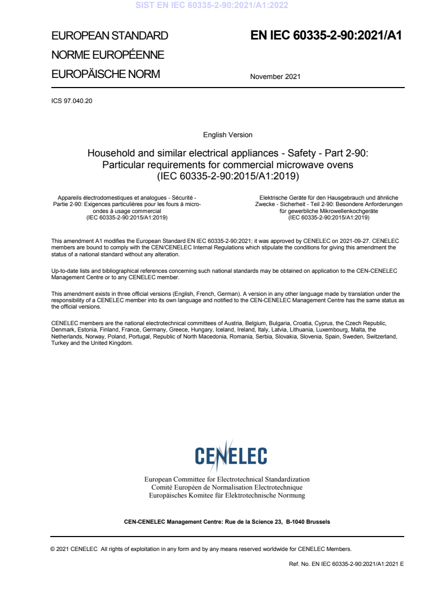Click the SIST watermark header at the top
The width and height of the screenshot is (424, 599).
(x=212, y=6)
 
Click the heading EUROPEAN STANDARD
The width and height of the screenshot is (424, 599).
(x=110, y=36)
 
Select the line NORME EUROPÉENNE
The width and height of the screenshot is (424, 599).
(x=107, y=55)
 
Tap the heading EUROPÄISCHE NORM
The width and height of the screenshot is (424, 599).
(x=105, y=74)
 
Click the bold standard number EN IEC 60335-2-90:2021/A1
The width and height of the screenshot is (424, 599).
(x=326, y=36)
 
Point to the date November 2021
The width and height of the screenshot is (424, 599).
(x=275, y=76)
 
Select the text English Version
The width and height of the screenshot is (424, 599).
(x=228, y=135)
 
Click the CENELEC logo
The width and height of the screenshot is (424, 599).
(x=231, y=455)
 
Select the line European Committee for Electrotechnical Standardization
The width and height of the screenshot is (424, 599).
(x=227, y=479)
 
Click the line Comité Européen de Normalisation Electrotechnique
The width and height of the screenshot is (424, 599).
(x=227, y=487)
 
